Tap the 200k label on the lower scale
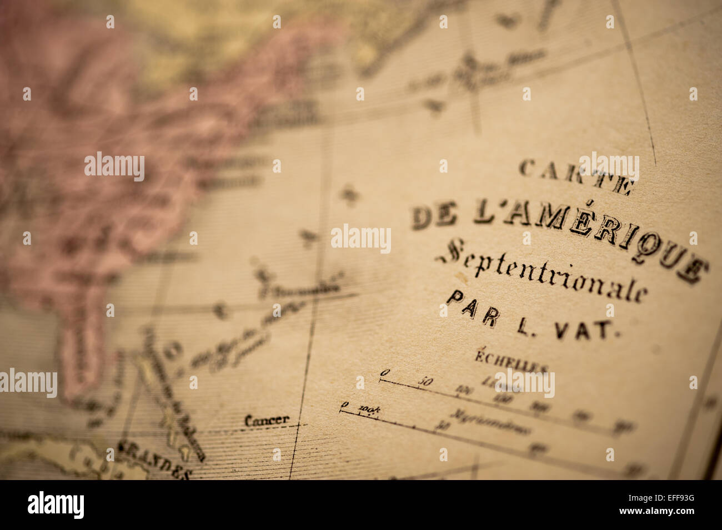click(x=369, y=409)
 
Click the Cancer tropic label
click(x=267, y=420)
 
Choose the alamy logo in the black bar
click(x=56, y=505)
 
